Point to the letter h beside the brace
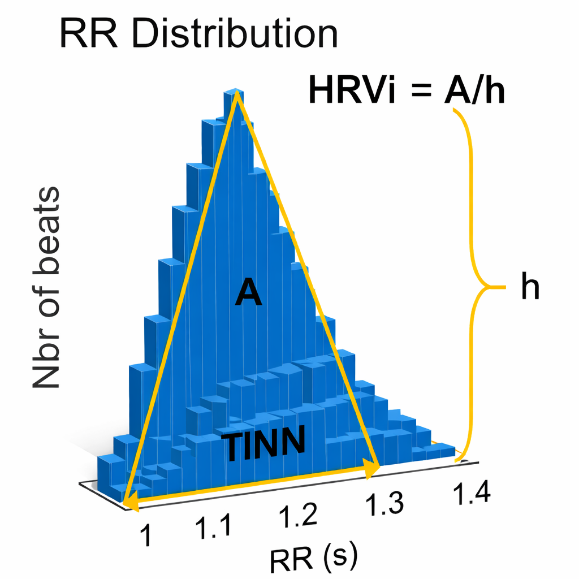pyautogui.click(x=530, y=288)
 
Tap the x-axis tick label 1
pyautogui.click(x=145, y=534)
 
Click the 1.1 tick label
pyautogui.click(x=213, y=526)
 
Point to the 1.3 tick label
pyautogui.click(x=384, y=503)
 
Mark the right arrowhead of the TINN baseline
pyautogui.click(x=373, y=469)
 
